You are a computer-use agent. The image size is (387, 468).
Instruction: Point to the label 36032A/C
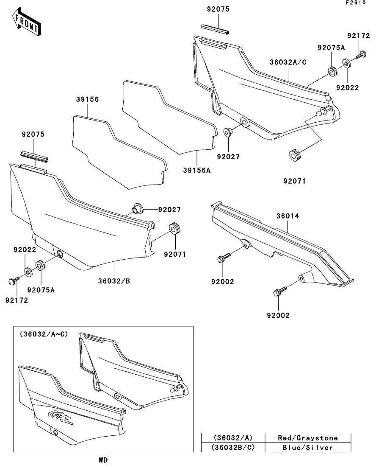pyautogui.click(x=288, y=62)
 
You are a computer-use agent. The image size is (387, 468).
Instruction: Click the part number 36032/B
pyautogui.click(x=114, y=280)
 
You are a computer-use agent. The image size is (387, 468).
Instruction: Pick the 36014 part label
pyautogui.click(x=288, y=216)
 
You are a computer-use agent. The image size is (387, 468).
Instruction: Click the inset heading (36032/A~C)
pyautogui.click(x=44, y=334)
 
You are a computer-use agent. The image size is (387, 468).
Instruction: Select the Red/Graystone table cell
pyautogui.click(x=308, y=437)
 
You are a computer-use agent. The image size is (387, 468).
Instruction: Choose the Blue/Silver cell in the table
pyautogui.click(x=308, y=447)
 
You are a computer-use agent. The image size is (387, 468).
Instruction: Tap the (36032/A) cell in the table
pyautogui.click(x=233, y=437)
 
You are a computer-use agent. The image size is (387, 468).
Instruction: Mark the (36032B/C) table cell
pyautogui.click(x=233, y=447)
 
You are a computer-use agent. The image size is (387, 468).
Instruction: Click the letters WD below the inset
pyautogui.click(x=103, y=460)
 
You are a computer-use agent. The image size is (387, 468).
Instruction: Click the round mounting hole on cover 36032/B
pyautogui.click(x=59, y=255)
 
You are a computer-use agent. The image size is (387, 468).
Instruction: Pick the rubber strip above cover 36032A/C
pyautogui.click(x=215, y=30)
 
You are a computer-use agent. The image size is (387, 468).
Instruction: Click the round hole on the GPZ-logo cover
pyautogui.click(x=56, y=432)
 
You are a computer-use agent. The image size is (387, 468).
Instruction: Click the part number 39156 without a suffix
pyautogui.click(x=88, y=100)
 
